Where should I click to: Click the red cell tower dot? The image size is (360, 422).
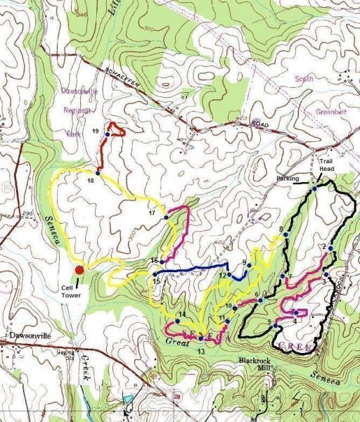(x=79, y=268)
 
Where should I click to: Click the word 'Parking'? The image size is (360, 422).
(x=288, y=179)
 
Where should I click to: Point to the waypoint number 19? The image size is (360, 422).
(x=96, y=131)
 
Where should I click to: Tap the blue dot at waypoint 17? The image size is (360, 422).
(x=166, y=217)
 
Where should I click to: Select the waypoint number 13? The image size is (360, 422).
(x=201, y=350)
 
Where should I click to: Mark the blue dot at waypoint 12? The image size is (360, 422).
(x=229, y=275)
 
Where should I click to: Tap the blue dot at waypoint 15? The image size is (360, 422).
(x=154, y=275)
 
